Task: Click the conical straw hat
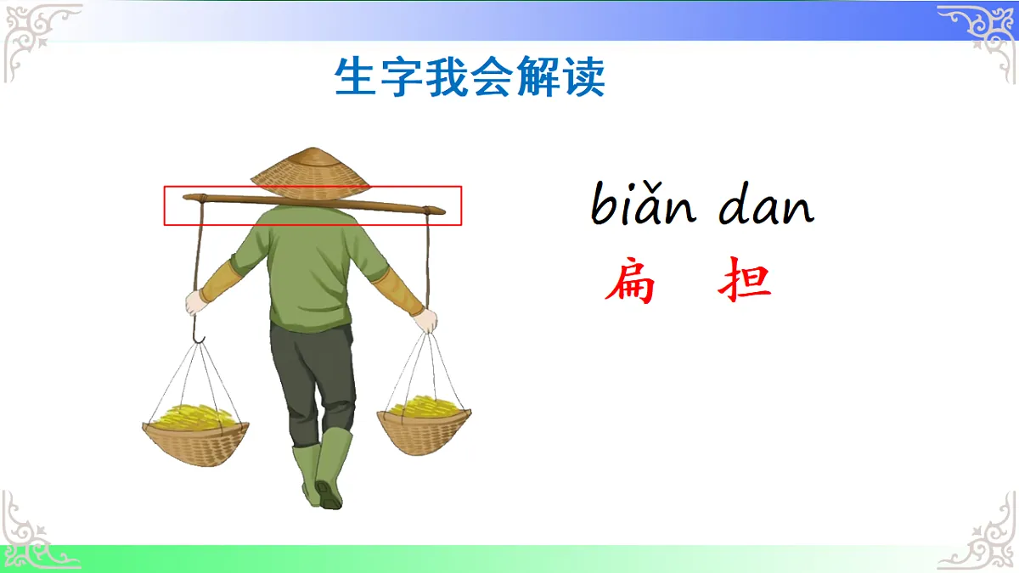[311, 169]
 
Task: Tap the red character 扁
[630, 284]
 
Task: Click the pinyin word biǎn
[643, 206]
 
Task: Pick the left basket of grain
[195, 433]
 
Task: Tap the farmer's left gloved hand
[197, 301]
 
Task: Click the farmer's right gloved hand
[426, 319]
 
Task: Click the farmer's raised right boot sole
[328, 493]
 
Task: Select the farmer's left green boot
[306, 475]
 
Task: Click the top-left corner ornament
[38, 38]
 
